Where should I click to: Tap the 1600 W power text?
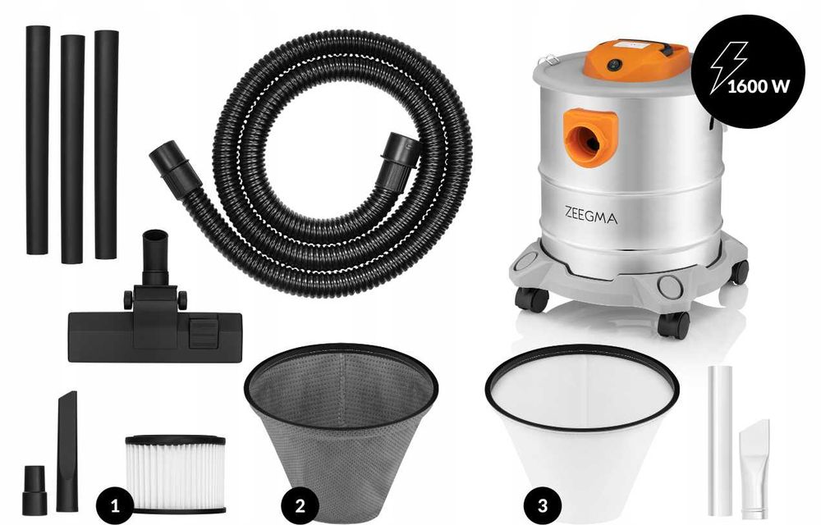[x=753, y=84]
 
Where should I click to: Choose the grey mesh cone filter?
[x=341, y=427]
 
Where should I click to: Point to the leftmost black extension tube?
[x=38, y=139]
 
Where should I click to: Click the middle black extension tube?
[x=72, y=148]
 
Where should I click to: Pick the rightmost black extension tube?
[x=106, y=144]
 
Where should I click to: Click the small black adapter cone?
[x=34, y=490]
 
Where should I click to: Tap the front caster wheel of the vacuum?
[x=673, y=325]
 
